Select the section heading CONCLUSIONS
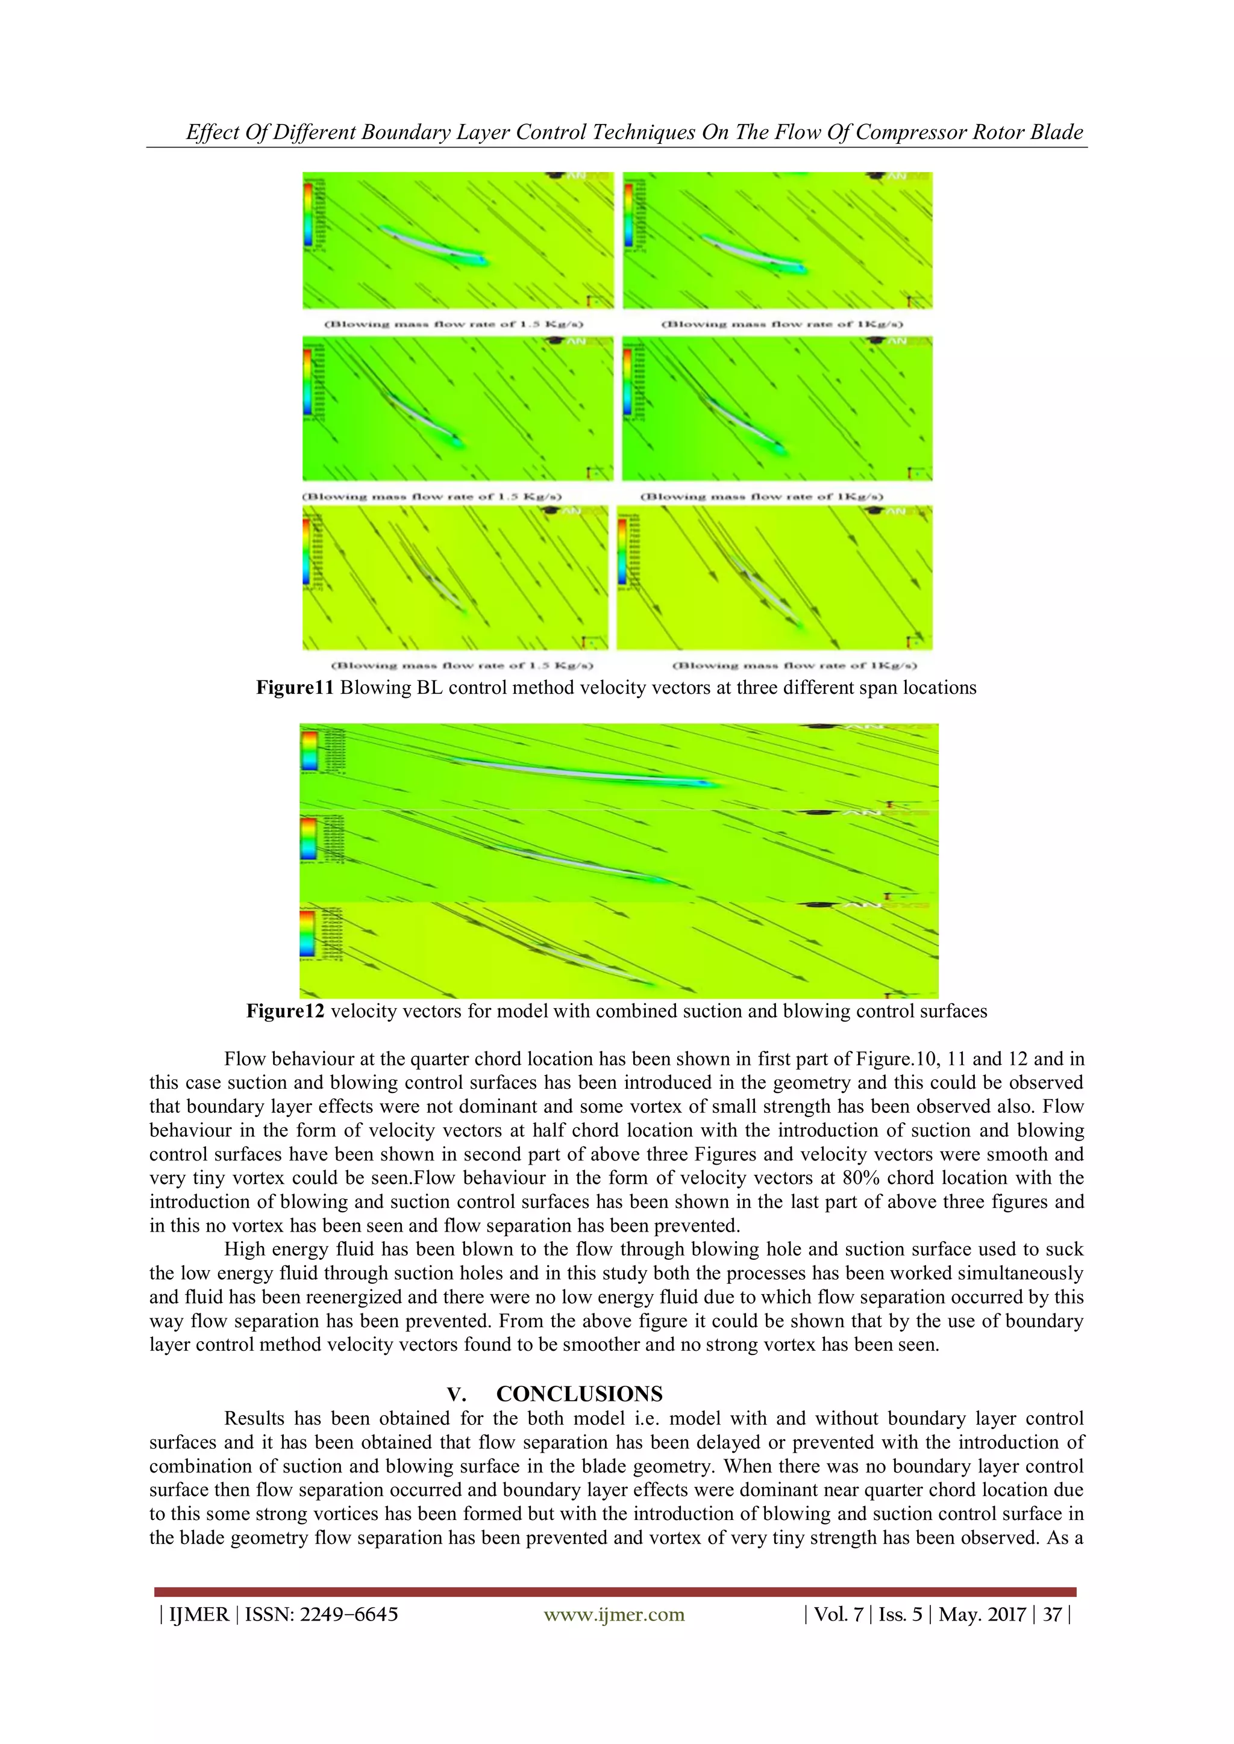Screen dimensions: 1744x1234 579,1394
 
